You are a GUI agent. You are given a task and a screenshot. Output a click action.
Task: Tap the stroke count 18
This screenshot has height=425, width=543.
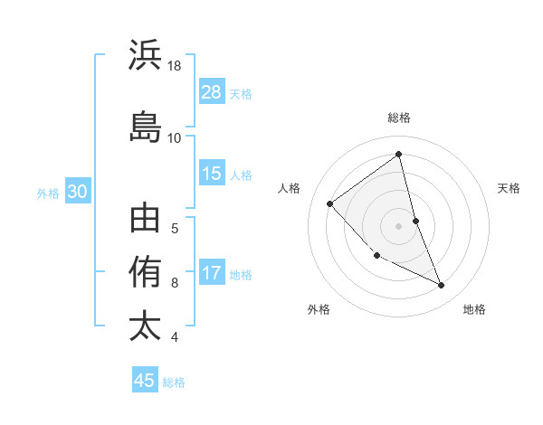[x=175, y=66]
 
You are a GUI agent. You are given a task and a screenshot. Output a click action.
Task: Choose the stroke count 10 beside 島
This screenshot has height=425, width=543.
[x=175, y=137]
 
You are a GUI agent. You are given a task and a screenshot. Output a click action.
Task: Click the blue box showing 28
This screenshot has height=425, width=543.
[x=212, y=92]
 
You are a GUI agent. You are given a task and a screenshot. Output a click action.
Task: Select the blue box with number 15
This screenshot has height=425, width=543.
[x=212, y=174]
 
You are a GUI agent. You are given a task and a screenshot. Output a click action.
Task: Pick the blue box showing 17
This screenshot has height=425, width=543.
[x=212, y=273]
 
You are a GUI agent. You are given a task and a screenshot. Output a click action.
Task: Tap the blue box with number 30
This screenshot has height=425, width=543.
[x=77, y=192]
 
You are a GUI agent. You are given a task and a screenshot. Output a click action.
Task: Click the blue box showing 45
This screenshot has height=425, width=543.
[x=145, y=381]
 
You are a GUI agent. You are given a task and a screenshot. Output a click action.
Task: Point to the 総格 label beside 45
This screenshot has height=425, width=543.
[x=174, y=382]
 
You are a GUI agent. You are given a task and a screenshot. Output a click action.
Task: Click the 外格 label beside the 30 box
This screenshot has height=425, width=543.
[x=48, y=193]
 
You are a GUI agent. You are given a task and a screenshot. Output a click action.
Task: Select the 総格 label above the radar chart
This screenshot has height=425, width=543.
[x=398, y=118]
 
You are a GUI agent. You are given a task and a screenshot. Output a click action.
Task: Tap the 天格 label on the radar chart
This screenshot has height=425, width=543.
[x=509, y=188]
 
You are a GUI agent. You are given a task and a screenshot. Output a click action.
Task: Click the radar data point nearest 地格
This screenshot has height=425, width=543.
[x=442, y=286]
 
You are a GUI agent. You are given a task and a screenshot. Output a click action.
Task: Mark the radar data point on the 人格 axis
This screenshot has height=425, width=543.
[x=330, y=203]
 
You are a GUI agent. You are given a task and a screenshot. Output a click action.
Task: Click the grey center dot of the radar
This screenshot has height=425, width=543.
[x=398, y=225]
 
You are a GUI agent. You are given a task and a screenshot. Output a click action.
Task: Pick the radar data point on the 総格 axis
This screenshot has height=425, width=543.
[x=398, y=155]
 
